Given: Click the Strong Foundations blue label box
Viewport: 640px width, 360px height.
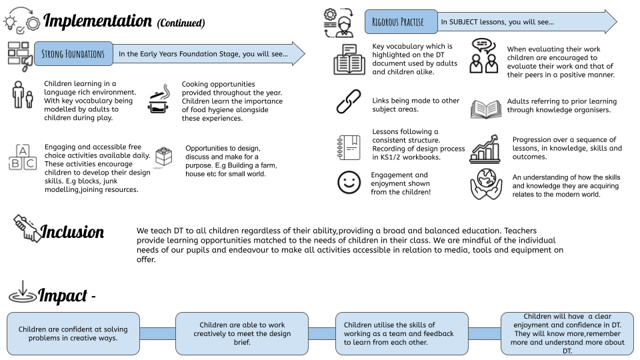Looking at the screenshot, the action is coord(73,53).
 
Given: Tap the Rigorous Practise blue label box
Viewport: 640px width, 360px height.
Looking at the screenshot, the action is coord(401,21).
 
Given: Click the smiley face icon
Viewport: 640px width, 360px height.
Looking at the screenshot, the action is coord(349,182).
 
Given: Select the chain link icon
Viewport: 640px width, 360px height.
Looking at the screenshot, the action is coord(349,101).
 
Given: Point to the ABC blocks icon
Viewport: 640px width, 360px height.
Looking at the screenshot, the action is coord(23,157).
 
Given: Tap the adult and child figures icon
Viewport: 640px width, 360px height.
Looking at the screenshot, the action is coord(23,95).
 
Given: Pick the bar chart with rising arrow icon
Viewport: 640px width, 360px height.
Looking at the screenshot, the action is coord(485,149).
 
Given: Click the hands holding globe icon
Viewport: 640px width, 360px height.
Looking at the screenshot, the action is coord(486,184).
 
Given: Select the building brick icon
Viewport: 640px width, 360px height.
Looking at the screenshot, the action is coord(164,156).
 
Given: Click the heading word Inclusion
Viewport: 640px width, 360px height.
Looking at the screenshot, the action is coord(72,231).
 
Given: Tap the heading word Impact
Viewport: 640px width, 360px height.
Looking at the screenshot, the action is coord(63,295).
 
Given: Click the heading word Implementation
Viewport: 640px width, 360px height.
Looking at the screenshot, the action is coord(97,21).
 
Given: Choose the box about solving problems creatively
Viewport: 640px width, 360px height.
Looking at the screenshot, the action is coord(73,333).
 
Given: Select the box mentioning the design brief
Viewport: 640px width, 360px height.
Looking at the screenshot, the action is coord(242,333).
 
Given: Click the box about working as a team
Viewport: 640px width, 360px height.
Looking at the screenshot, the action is coord(401,333).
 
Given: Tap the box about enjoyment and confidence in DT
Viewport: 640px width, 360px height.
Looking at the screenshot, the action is coord(567,333).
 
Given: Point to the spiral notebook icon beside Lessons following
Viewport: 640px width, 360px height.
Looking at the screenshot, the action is coord(349,147).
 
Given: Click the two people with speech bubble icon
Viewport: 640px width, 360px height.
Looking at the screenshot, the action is coord(484,56).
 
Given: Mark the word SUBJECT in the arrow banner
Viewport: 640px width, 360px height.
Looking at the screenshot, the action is coord(463,22).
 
